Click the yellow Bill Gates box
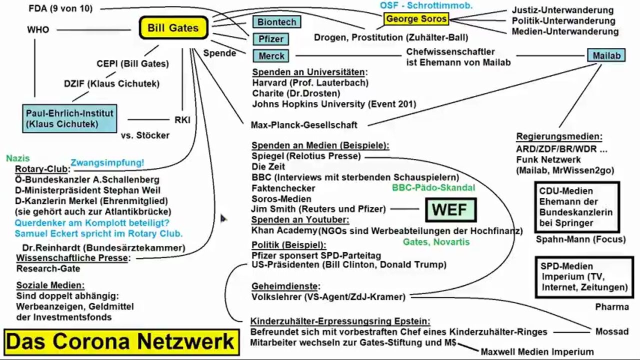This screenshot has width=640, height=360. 172,28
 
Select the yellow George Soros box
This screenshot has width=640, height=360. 416,19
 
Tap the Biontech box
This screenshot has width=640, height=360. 276,22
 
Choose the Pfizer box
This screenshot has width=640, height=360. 271,39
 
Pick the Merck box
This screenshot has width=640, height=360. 271,56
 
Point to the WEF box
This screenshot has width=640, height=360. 450,210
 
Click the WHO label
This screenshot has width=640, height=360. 38,30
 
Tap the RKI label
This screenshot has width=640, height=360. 182,120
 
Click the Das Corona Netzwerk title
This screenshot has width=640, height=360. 120,342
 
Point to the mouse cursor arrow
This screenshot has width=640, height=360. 223,218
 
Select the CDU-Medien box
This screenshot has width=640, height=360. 576,207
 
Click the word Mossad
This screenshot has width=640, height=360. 611,331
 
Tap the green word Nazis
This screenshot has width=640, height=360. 18,158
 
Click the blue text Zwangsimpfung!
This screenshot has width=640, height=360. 107,162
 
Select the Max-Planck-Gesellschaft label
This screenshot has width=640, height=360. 304,125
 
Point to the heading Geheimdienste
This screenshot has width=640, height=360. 285,286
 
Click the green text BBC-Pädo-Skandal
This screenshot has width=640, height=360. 433,187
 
